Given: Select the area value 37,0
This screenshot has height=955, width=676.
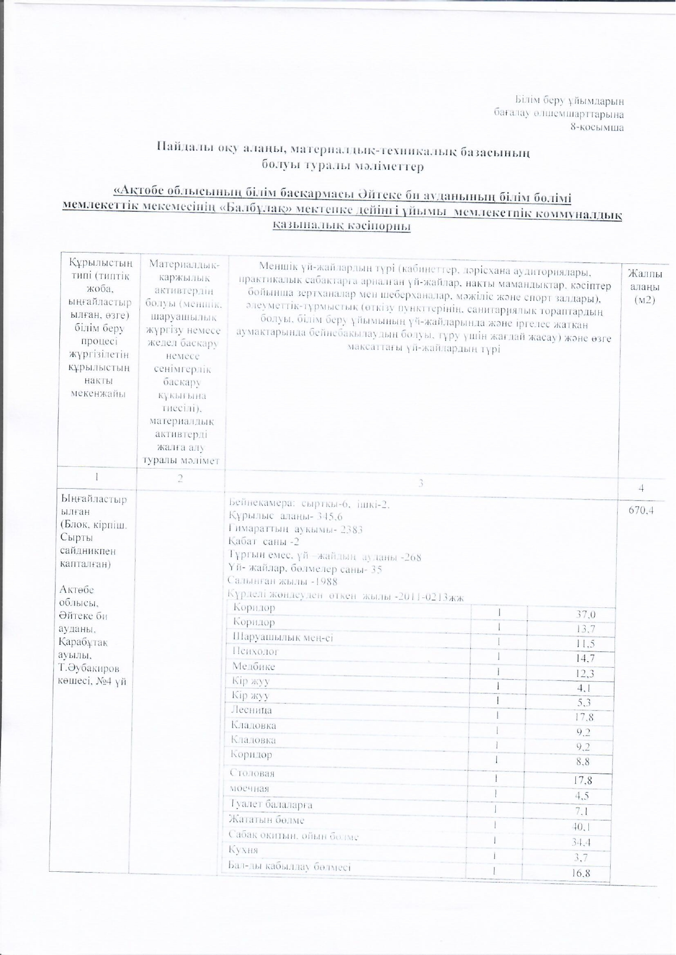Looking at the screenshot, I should tap(586, 615).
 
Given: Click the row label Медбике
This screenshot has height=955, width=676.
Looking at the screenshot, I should tap(254, 667).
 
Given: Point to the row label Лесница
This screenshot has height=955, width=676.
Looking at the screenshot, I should tap(251, 710).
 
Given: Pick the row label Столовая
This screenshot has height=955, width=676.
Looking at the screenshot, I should tap(252, 773).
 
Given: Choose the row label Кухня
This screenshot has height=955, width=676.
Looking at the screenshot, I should tap(243, 850).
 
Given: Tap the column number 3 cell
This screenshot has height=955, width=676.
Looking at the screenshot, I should tap(421, 483).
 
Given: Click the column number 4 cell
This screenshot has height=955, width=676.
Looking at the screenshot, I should tap(641, 488).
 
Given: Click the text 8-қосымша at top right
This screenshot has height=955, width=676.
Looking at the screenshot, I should tap(597, 128).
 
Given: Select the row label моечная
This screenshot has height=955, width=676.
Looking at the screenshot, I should tap(249, 788).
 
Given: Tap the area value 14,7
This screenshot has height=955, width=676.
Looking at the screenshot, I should tap(585, 658).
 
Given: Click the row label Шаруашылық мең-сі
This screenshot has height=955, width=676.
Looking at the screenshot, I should tap(282, 637).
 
